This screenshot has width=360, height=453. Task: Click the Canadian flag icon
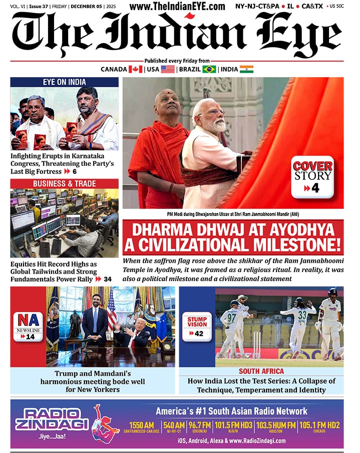point(136,69)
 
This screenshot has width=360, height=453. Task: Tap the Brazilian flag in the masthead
point(209,69)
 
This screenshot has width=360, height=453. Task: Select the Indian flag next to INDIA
point(246,69)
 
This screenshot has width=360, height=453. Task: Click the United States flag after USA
point(168,69)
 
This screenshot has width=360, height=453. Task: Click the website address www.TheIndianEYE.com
point(177,6)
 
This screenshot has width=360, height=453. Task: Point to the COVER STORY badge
point(312,176)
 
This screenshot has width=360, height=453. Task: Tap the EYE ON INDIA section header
point(64,82)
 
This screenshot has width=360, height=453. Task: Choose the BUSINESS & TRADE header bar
point(64,183)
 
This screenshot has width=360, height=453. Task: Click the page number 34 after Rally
point(107,279)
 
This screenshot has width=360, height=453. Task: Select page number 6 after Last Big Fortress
point(74,171)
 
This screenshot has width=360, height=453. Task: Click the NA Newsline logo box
point(28,326)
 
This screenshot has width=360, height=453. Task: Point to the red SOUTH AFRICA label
point(261,371)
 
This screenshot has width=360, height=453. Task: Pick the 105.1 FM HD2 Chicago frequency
point(319,426)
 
